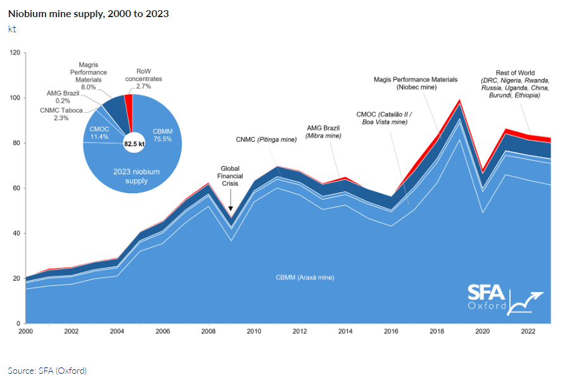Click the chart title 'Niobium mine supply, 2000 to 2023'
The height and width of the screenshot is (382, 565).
coord(88,13)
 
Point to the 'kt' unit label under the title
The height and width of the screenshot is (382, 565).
coord(13,29)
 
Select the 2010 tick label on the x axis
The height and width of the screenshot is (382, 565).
coord(254,331)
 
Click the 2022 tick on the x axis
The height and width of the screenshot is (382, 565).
coord(528,331)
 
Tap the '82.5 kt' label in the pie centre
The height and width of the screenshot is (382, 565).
coord(133,144)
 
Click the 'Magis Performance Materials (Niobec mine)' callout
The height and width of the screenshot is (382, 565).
coord(415,84)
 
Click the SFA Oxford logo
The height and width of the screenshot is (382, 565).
coord(504,298)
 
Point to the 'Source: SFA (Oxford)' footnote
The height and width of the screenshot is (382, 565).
coord(47,371)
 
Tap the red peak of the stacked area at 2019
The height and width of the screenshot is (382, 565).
coord(460,101)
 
